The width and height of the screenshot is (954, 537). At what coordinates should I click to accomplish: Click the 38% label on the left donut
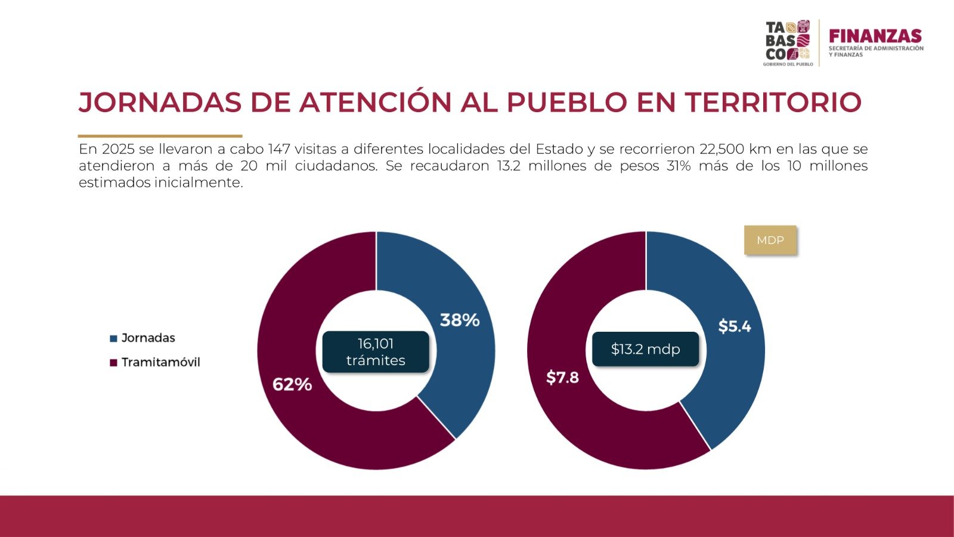460,320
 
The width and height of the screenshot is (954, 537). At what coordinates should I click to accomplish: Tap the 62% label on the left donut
292,385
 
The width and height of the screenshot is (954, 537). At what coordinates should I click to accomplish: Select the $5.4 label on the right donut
734,326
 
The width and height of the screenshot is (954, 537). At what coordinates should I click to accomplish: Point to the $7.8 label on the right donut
562,378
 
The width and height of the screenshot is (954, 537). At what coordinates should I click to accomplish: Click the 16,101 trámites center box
376,352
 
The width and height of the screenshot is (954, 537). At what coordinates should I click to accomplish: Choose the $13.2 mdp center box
645,349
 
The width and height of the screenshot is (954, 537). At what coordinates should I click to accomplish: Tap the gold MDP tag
770,240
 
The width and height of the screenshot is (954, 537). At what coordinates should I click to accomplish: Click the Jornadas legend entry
148,338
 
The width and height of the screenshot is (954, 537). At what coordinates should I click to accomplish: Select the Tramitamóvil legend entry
160,362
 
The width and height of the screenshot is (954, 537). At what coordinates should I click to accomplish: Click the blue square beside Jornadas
113,339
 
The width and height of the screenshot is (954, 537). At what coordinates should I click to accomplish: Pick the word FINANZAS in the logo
875,36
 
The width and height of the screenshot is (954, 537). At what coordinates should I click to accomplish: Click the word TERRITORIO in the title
773,103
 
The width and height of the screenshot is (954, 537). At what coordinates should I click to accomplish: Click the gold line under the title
160,136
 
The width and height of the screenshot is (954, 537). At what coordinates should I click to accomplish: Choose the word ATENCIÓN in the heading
376,103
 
